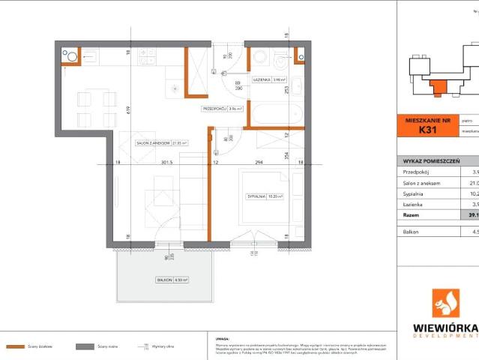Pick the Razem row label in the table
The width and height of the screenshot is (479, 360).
click(x=410, y=214)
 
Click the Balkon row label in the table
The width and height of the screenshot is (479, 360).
click(x=411, y=232)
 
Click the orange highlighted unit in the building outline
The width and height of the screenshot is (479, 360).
click(x=437, y=85)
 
